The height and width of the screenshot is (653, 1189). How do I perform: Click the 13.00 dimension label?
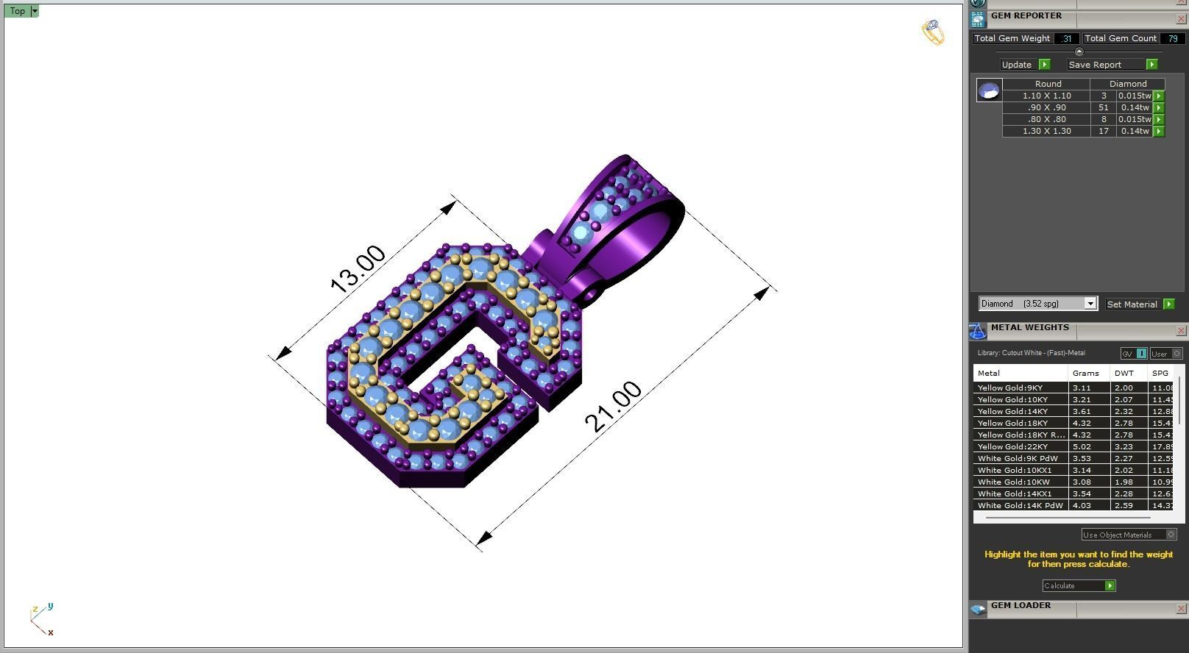358,269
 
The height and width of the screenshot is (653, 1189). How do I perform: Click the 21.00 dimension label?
613,407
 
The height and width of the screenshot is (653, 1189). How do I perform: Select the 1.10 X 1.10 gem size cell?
1046,96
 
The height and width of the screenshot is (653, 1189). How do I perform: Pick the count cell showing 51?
1103,107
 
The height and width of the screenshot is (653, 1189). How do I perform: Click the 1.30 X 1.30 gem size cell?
1046,131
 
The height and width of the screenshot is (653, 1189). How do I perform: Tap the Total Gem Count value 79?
1171,38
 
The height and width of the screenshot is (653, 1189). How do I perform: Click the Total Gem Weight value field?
1066,38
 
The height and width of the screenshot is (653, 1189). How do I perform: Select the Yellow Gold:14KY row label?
1012,411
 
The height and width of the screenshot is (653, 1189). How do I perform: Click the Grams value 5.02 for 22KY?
1082,446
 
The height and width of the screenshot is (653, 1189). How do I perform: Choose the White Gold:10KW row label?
1013,482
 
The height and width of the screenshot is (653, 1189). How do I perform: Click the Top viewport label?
18,11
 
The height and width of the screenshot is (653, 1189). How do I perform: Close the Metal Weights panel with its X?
1181,331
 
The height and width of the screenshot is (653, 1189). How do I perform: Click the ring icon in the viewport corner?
933,32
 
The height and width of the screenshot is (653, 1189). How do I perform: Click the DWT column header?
1124,373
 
